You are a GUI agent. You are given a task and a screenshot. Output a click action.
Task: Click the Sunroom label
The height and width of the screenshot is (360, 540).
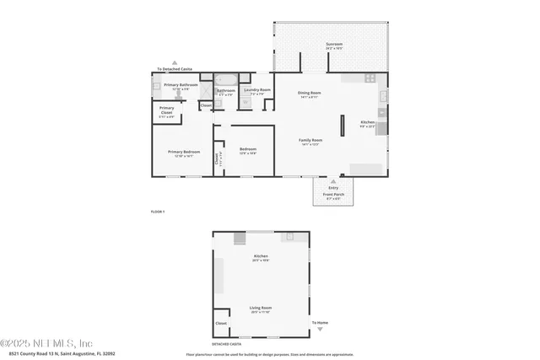[x=334, y=45]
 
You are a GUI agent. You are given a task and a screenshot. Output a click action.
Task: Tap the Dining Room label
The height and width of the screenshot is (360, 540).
[x=310, y=94]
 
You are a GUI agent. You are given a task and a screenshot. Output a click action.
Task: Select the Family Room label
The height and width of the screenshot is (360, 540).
[x=311, y=141]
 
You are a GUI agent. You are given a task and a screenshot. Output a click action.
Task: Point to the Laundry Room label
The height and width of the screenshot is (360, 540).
[x=256, y=90]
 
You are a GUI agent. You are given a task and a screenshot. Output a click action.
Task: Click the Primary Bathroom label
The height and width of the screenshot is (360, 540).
[x=181, y=86]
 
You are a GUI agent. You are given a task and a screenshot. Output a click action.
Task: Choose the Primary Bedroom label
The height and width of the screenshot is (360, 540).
[x=183, y=153]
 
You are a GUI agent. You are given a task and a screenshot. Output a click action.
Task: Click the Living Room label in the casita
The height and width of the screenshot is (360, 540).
[x=260, y=309]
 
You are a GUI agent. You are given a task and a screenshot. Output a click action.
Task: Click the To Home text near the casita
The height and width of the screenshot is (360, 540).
[x=320, y=323]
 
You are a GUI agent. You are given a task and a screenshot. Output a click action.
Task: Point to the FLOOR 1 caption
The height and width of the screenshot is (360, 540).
[x=157, y=211]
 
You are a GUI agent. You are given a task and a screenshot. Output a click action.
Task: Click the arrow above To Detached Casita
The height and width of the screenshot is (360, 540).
[x=175, y=63]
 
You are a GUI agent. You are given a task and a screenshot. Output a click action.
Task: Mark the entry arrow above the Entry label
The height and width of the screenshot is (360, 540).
[x=332, y=180]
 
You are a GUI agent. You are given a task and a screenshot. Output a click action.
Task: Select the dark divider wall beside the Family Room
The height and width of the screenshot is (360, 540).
[x=342, y=125]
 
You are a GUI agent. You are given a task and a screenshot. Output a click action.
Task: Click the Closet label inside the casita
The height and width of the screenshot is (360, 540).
[x=221, y=323]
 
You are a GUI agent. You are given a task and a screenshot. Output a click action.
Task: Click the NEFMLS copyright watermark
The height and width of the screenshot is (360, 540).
[x=47, y=343]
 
